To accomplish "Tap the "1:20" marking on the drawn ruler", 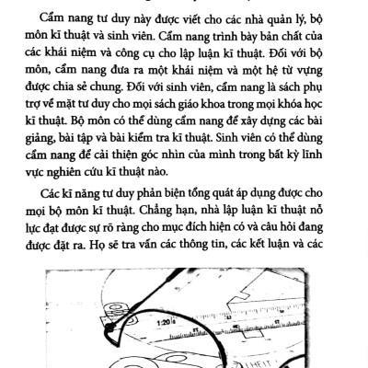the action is (166, 324).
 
